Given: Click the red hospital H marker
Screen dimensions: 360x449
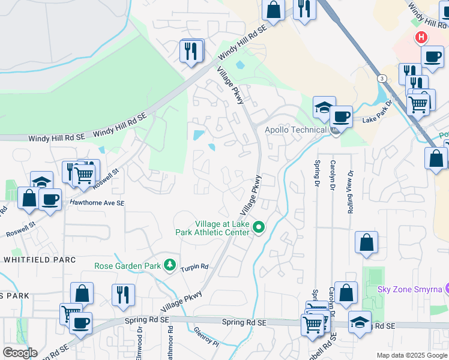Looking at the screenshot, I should pyautogui.click(x=421, y=38).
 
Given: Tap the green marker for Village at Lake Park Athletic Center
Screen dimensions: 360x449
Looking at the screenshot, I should pyautogui.click(x=259, y=227).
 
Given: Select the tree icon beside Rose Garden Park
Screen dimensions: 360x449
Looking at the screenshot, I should pyautogui.click(x=170, y=265).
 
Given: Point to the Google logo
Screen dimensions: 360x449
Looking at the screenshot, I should pyautogui.click(x=19, y=353).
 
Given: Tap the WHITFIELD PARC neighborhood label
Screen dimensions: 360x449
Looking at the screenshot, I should pyautogui.click(x=40, y=260).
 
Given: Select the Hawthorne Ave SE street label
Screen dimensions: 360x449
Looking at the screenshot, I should pyautogui.click(x=97, y=203).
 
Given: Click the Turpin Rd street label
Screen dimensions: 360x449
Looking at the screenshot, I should pyautogui.click(x=194, y=266).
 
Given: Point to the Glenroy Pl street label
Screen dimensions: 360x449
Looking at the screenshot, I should pyautogui.click(x=207, y=338).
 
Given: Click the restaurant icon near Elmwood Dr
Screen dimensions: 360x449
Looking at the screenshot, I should pyautogui.click(x=123, y=295).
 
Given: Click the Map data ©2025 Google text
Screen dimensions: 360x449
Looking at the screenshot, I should pyautogui.click(x=411, y=355).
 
